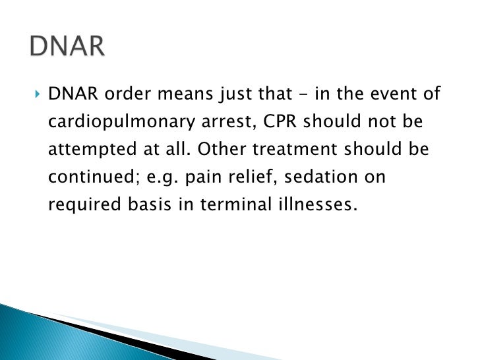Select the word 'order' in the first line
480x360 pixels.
pyautogui.click(x=121, y=95)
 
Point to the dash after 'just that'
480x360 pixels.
pyautogui.click(x=301, y=95)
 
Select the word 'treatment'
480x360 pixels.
pyautogui.click(x=282, y=150)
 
